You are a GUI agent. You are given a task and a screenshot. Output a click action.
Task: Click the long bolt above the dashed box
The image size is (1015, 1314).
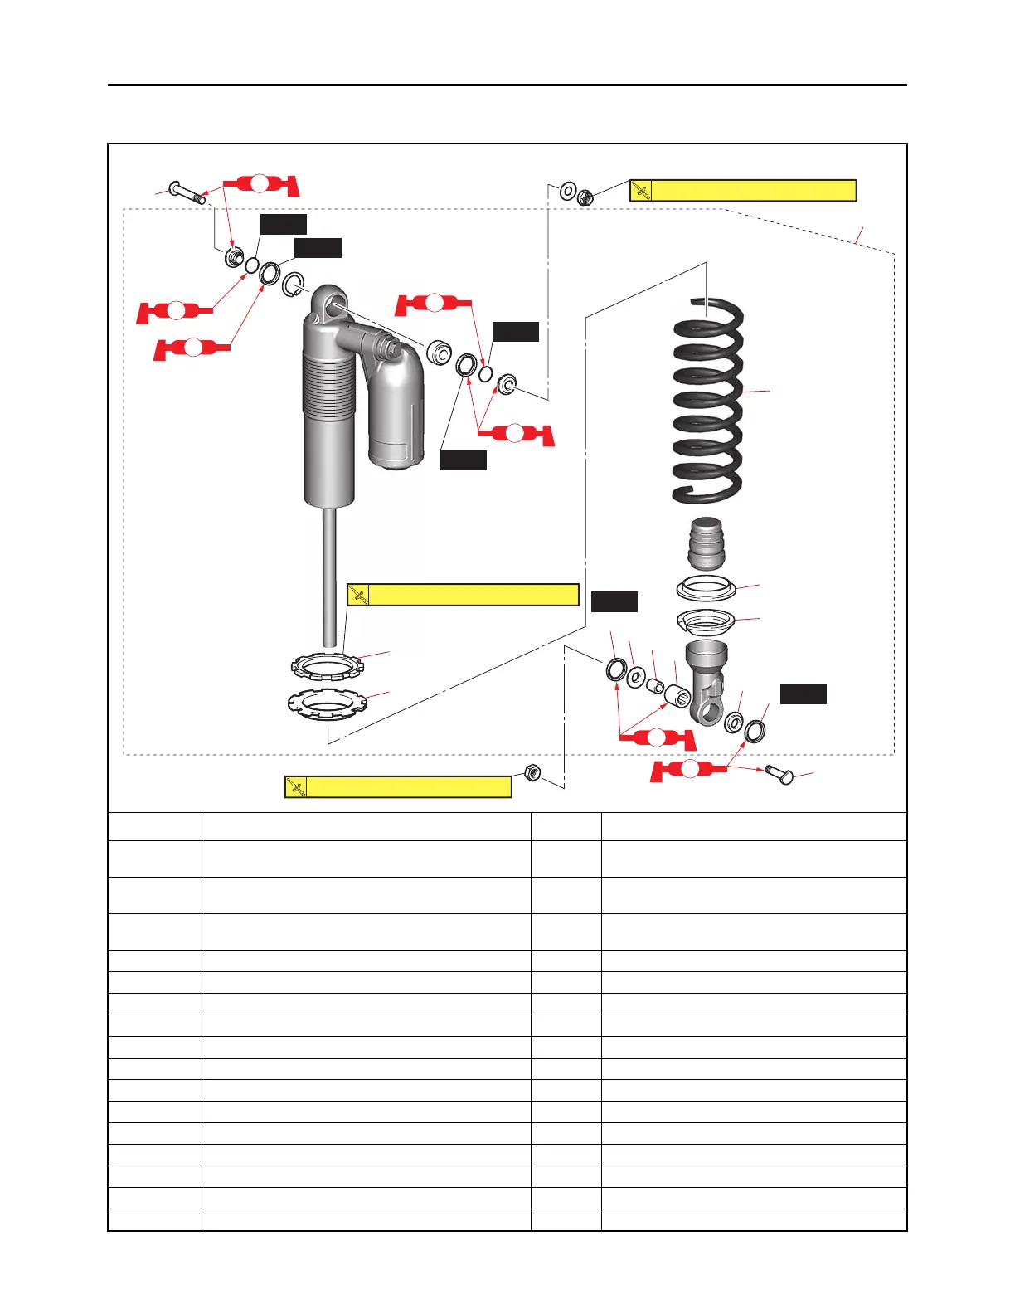point(187,192)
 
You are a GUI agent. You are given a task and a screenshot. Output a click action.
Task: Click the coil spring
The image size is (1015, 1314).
point(707,398)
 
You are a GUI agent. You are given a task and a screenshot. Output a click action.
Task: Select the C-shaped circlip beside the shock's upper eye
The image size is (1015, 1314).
point(293,285)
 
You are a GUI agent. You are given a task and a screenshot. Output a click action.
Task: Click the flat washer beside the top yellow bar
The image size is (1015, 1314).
point(568,192)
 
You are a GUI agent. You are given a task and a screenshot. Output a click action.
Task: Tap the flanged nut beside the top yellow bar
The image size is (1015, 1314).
point(585,197)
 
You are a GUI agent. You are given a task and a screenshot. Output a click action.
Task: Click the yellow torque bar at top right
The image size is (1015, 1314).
point(743,191)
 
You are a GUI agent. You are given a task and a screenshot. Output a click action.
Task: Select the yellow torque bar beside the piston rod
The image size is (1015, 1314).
point(463,595)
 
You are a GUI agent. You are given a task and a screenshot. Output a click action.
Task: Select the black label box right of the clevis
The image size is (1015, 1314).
point(803,693)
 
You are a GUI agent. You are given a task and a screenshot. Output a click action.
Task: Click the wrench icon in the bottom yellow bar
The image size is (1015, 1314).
point(296,787)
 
